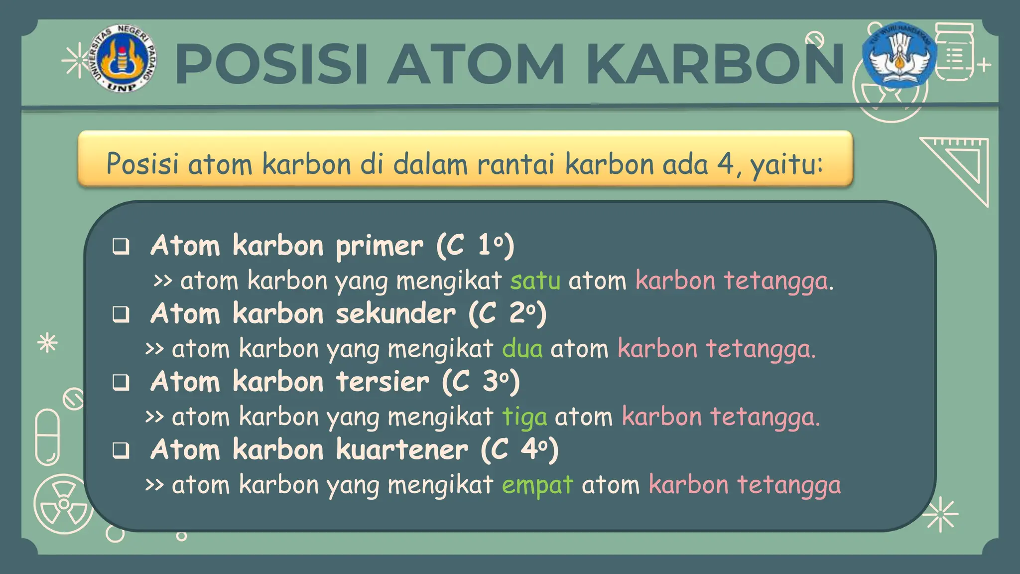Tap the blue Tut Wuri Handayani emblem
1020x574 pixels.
[x=899, y=55]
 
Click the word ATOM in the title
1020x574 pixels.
[x=476, y=65]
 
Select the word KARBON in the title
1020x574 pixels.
[x=715, y=65]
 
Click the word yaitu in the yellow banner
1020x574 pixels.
[x=787, y=164]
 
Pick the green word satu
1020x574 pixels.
[x=535, y=281]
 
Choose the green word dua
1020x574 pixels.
[x=522, y=348]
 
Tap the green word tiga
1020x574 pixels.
[x=524, y=417]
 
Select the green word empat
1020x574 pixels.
[x=537, y=485]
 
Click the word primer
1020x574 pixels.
[x=380, y=246]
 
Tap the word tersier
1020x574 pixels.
[x=382, y=382]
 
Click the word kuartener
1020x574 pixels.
[x=402, y=450]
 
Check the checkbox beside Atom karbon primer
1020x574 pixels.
[x=121, y=246]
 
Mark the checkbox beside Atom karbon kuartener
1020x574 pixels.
[x=121, y=450]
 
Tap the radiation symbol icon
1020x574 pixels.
[x=63, y=504]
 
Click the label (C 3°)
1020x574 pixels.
[x=481, y=382]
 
